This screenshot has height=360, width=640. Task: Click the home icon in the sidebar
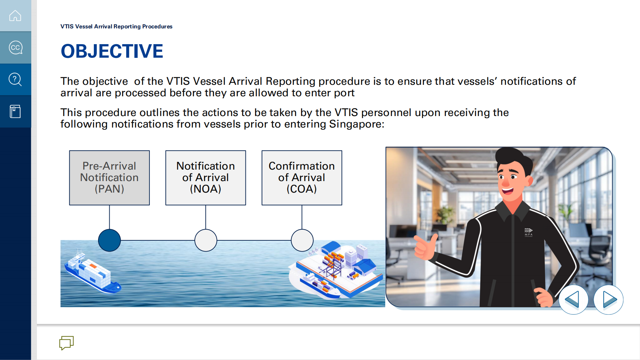[x=15, y=16]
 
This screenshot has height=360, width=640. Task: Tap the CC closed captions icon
[x=15, y=47]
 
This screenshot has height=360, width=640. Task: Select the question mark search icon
[x=15, y=79]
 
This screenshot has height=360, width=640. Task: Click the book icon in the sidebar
[x=15, y=111]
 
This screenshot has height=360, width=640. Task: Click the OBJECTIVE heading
[x=112, y=51]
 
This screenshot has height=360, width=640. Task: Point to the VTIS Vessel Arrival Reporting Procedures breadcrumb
[x=116, y=27]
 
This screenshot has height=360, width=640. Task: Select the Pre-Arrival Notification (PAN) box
[x=109, y=178]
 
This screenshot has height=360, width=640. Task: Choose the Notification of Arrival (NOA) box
[x=206, y=178]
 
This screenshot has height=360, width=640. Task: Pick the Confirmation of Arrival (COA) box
[x=302, y=178]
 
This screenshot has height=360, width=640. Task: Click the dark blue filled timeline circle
[x=109, y=240]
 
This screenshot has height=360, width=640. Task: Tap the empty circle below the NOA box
[x=206, y=240]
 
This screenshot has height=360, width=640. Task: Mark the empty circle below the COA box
[x=302, y=240]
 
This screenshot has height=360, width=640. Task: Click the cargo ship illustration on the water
[x=92, y=273]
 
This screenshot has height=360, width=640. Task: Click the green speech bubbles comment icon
[x=66, y=343]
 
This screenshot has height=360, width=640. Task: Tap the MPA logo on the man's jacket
[x=528, y=232]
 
